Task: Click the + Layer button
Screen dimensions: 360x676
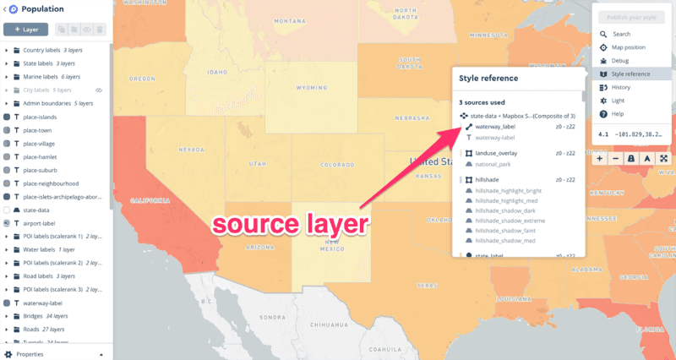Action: click(25, 30)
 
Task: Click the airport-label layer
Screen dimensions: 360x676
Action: click(41, 222)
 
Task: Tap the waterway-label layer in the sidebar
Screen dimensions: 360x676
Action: click(44, 303)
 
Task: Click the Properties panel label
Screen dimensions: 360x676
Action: click(30, 354)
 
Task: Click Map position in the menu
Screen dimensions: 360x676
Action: click(629, 47)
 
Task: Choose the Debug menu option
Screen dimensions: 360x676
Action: click(620, 61)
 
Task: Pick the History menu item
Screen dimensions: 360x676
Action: click(621, 87)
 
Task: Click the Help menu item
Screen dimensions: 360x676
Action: click(618, 113)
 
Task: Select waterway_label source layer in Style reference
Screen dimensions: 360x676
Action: click(495, 127)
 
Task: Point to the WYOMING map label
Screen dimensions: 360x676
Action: click(312, 87)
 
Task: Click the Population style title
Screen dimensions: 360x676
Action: click(45, 9)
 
